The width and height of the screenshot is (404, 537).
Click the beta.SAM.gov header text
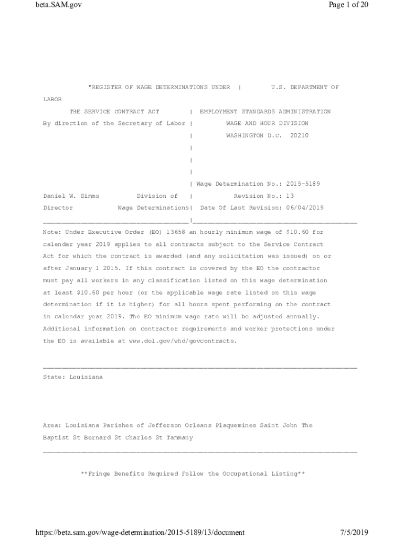coord(59,5)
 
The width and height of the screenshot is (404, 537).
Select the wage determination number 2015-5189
coord(303,184)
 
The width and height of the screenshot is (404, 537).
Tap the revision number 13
coord(290,196)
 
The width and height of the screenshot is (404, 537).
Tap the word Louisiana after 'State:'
coord(86,377)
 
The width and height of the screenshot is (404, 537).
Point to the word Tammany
coord(178,437)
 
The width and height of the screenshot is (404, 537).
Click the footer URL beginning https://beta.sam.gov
coord(140,532)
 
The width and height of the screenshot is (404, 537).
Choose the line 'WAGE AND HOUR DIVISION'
coord(267,124)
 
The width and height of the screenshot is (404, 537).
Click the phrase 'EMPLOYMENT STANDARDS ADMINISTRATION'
coord(265,112)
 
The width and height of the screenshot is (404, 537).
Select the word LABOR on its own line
coord(52,100)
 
